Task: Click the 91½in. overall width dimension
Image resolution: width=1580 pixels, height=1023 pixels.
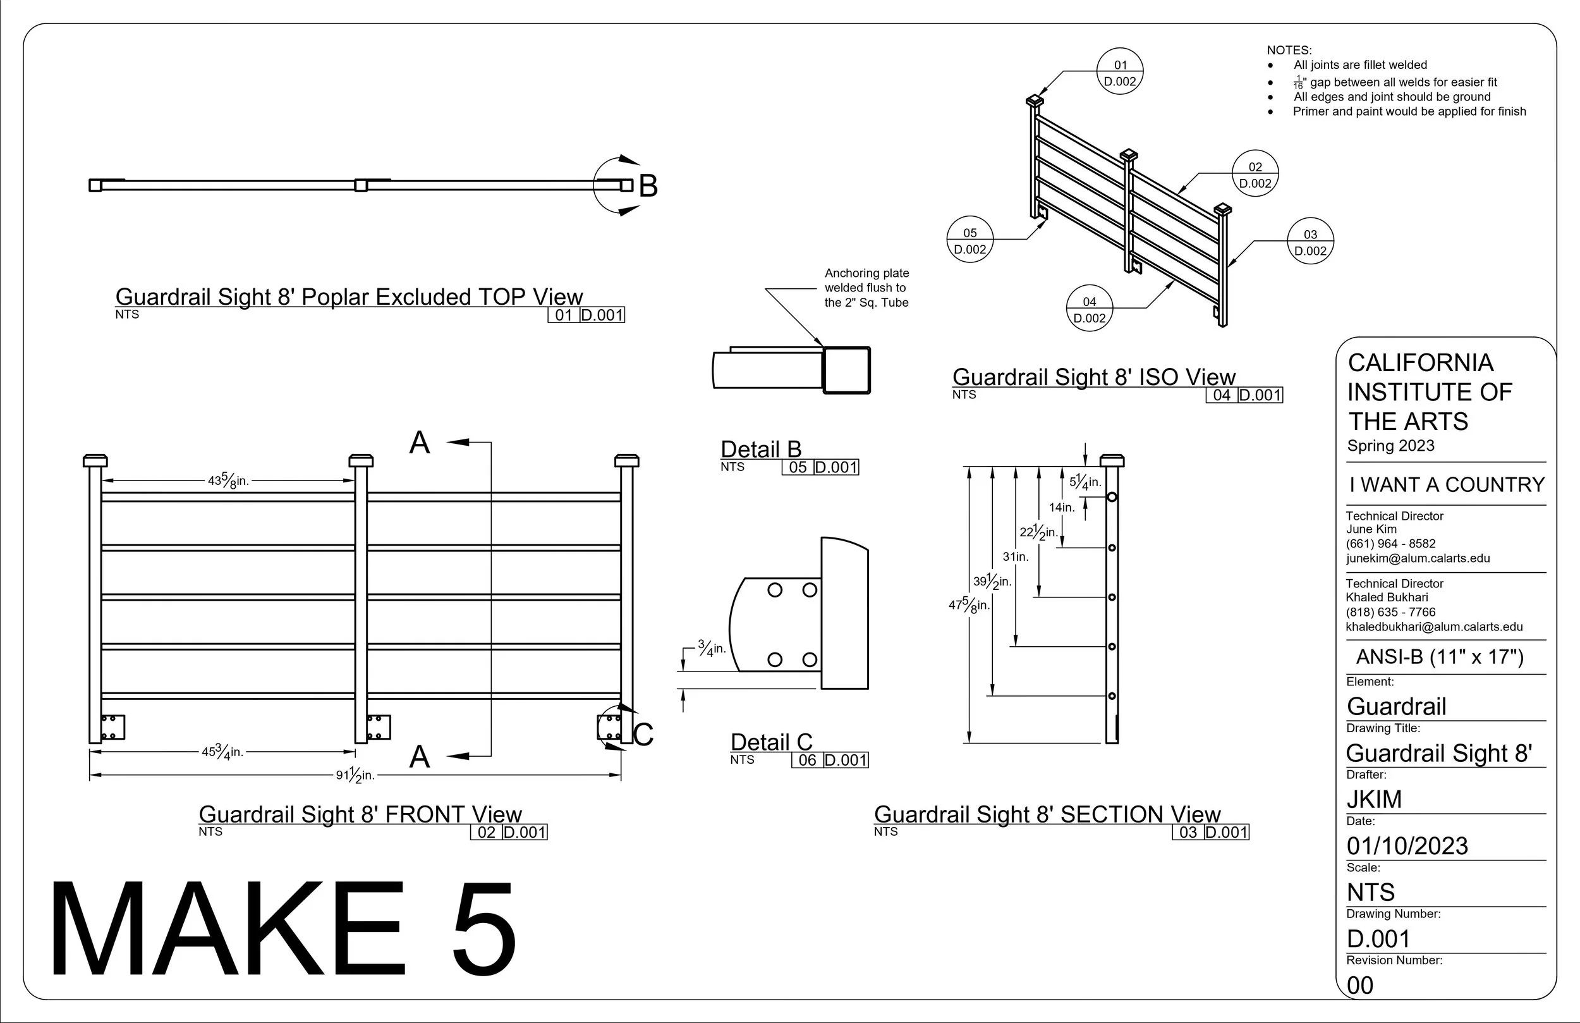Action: pos(355,775)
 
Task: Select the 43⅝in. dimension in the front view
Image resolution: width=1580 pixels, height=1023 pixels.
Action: pos(228,481)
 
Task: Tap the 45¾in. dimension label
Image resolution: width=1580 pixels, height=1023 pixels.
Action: pos(223,752)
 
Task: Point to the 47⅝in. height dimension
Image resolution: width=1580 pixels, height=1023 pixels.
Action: pos(969,605)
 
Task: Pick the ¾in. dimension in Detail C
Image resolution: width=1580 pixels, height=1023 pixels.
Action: pos(712,648)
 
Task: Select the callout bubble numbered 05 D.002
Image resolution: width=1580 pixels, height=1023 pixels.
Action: pos(970,240)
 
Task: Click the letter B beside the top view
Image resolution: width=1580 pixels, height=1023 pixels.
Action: pos(648,186)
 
